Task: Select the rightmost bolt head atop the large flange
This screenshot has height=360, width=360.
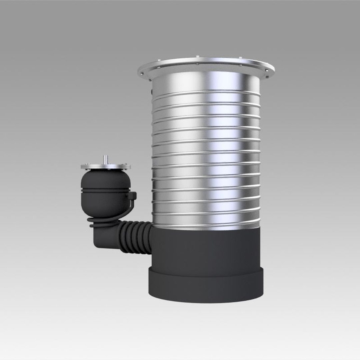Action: [x=267, y=76]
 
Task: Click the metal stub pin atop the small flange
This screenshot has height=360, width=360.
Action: [x=105, y=159]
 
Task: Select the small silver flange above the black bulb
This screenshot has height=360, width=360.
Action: [x=105, y=166]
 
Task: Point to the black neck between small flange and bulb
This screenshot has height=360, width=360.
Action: [x=105, y=171]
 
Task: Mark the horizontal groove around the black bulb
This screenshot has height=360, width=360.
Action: [x=105, y=190]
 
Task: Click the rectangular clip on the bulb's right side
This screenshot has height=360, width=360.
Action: [x=132, y=196]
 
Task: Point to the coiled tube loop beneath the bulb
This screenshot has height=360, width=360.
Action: [x=100, y=221]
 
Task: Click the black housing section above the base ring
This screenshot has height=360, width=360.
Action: [x=206, y=248]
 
